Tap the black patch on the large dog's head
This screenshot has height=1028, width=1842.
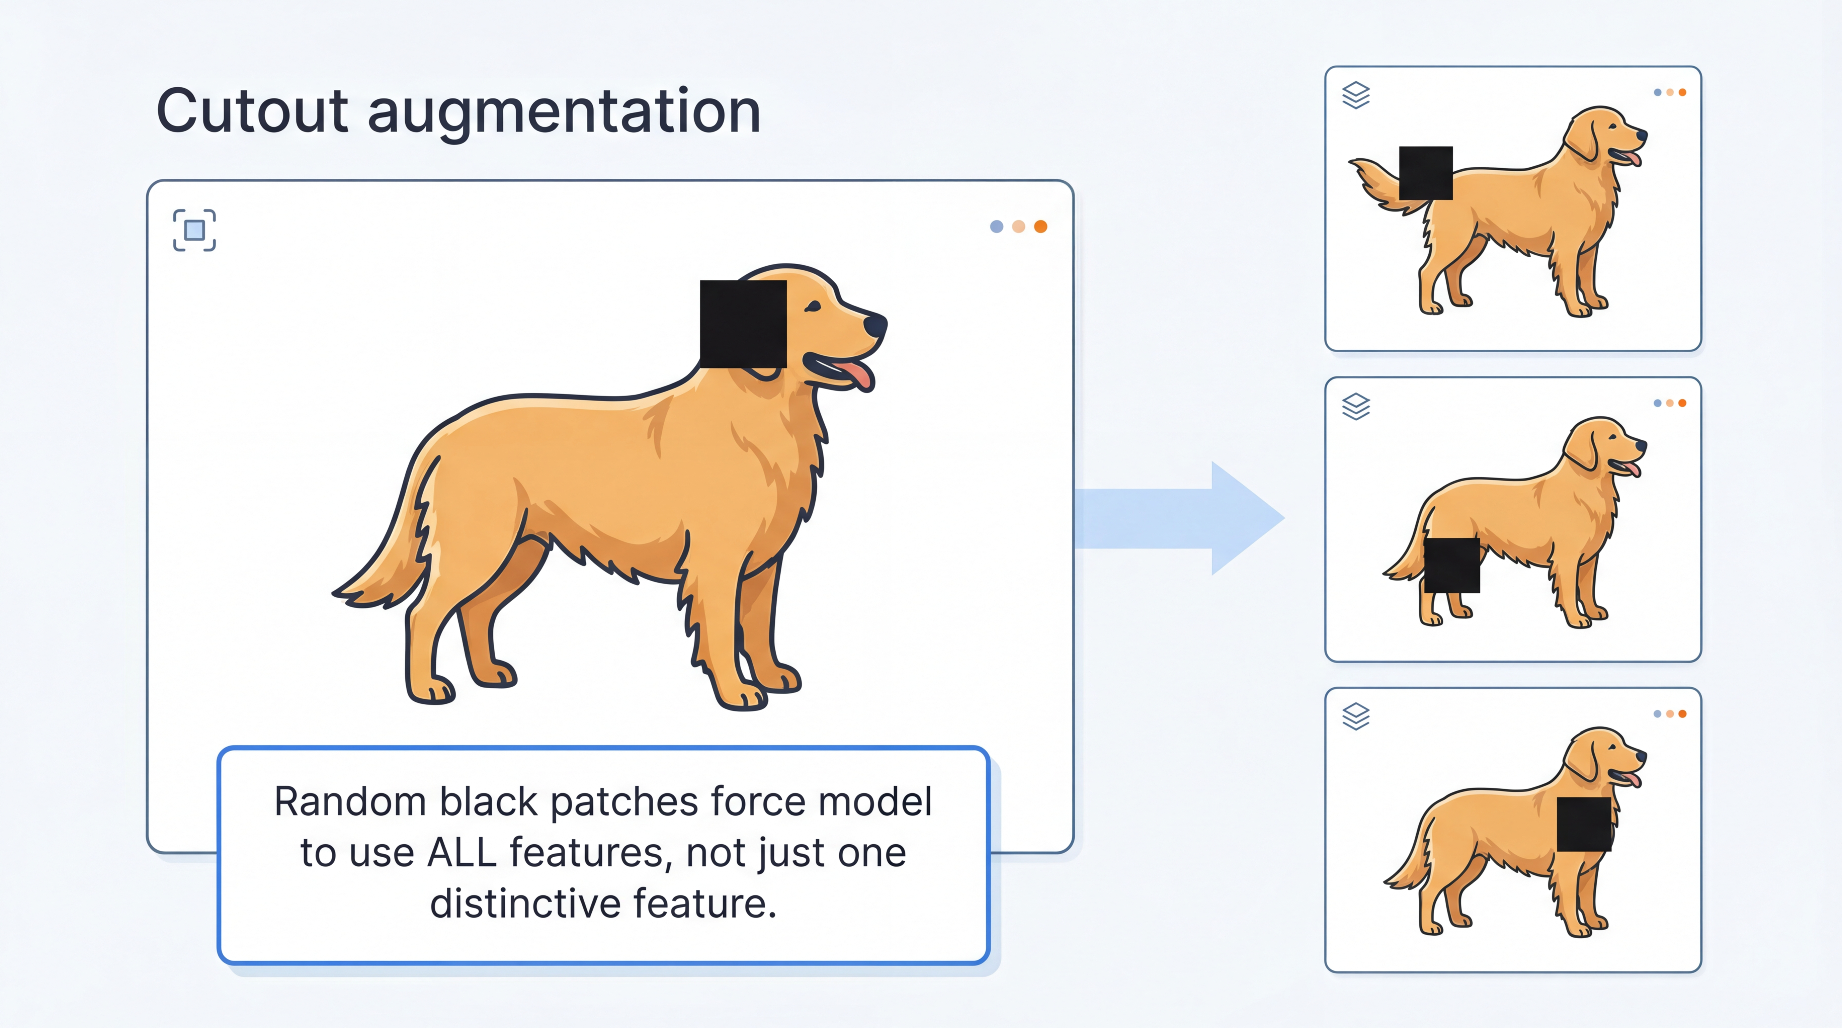click(743, 324)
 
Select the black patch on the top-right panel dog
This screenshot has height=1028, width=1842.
click(1425, 173)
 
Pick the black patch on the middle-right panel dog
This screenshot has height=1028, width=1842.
click(1451, 565)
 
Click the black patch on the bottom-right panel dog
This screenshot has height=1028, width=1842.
click(1584, 824)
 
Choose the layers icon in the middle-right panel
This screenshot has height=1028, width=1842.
click(1356, 406)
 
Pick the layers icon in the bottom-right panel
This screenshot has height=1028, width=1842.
click(1356, 716)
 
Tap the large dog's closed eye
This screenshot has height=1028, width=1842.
click(812, 308)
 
